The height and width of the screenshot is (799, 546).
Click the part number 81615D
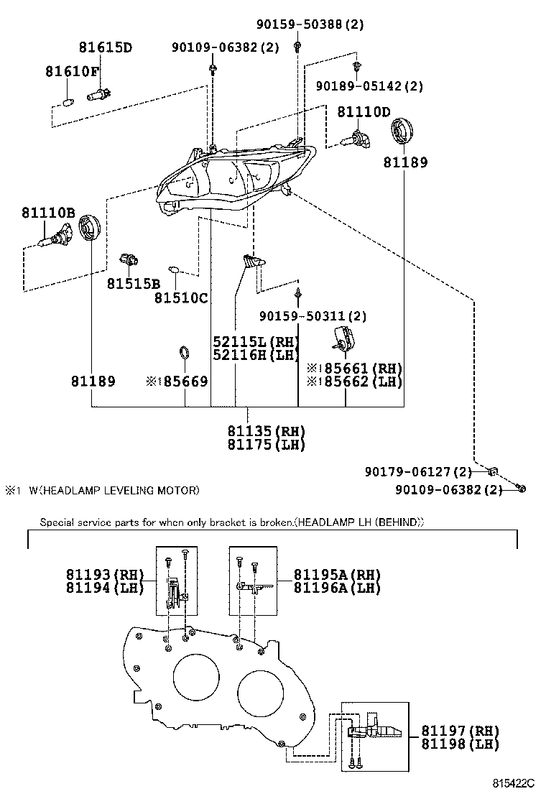[x=106, y=48]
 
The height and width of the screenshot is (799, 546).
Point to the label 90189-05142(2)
[x=369, y=86]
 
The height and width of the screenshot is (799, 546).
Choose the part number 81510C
[x=180, y=297]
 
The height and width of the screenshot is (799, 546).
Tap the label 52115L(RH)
[x=255, y=341]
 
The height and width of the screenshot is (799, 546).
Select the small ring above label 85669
[x=184, y=353]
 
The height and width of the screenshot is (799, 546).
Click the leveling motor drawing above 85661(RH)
[x=344, y=337]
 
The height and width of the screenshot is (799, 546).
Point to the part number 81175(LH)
[x=267, y=445]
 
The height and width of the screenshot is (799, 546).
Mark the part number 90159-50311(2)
[x=313, y=315]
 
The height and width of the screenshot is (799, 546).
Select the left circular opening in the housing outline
[x=195, y=676]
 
